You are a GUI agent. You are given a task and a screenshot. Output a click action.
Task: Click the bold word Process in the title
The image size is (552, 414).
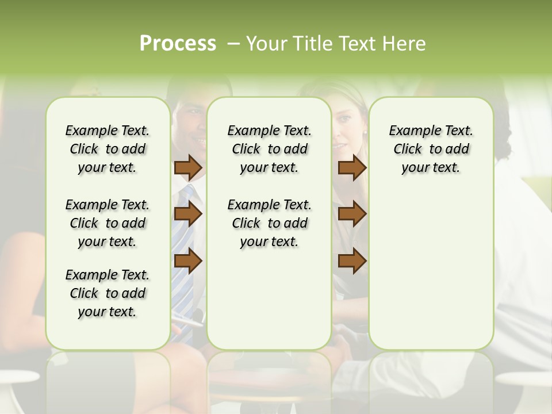tap(178, 44)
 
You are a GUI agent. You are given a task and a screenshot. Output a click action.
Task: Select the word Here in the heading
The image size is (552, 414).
tap(406, 44)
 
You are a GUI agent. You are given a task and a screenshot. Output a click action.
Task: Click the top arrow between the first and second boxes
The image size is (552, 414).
tap(188, 167)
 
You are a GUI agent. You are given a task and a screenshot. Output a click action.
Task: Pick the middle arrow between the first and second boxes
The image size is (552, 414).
tap(188, 214)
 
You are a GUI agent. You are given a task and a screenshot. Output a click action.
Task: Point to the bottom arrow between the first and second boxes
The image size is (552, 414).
tap(188, 260)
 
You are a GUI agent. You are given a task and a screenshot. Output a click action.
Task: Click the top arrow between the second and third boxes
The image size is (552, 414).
tap(352, 167)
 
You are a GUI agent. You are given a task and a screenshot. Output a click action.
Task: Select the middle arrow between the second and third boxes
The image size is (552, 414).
tap(352, 214)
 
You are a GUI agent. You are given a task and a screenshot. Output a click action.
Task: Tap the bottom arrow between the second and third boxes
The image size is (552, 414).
tap(352, 260)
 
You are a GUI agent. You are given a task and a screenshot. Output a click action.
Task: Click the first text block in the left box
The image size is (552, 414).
tap(108, 149)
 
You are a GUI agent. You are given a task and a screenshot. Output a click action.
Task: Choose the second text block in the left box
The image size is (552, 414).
tap(108, 223)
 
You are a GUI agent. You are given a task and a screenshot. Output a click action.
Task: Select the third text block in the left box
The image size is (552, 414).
tap(108, 293)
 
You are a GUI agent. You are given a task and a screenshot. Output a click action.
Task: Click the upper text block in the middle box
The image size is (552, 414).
tap(270, 149)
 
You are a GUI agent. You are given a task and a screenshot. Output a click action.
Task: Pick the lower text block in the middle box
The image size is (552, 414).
tap(270, 223)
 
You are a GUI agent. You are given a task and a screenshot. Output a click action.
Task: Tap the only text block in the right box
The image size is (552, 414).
tap(431, 149)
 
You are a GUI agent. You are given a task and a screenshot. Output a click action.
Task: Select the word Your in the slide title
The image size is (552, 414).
tap(266, 44)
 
